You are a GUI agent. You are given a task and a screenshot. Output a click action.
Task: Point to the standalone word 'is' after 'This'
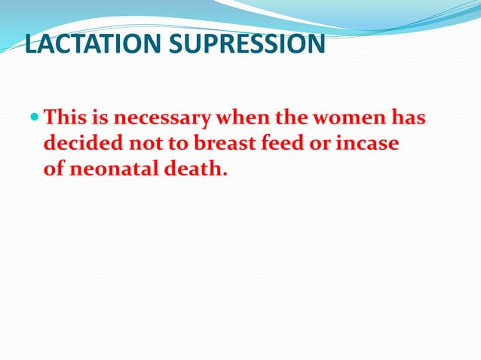click(x=98, y=118)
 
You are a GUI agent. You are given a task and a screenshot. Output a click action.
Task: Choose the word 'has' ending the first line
click(x=406, y=118)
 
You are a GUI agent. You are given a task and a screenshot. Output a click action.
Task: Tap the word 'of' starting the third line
click(x=54, y=168)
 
